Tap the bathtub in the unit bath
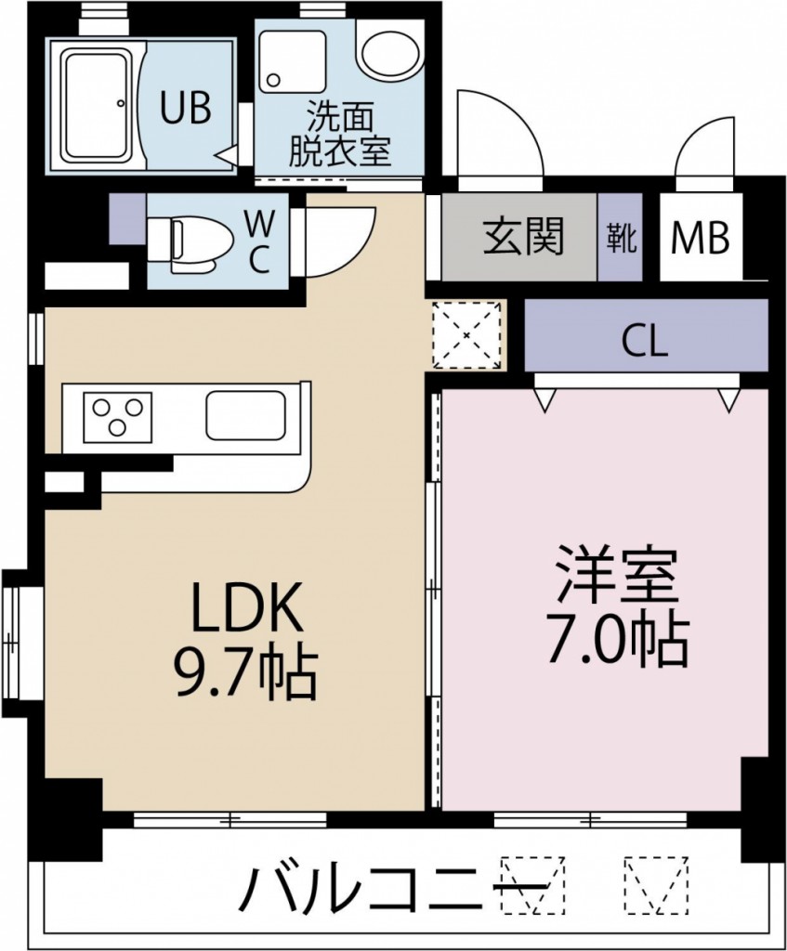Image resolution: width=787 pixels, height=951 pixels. [96, 104]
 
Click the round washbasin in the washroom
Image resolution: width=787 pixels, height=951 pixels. [388, 55]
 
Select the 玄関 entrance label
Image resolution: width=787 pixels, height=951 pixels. [523, 239]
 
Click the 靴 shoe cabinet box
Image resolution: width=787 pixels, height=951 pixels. [621, 239]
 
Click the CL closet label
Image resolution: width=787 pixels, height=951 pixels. [645, 342]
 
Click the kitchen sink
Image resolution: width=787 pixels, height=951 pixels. [247, 415]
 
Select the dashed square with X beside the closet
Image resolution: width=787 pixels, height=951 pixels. [466, 335]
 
